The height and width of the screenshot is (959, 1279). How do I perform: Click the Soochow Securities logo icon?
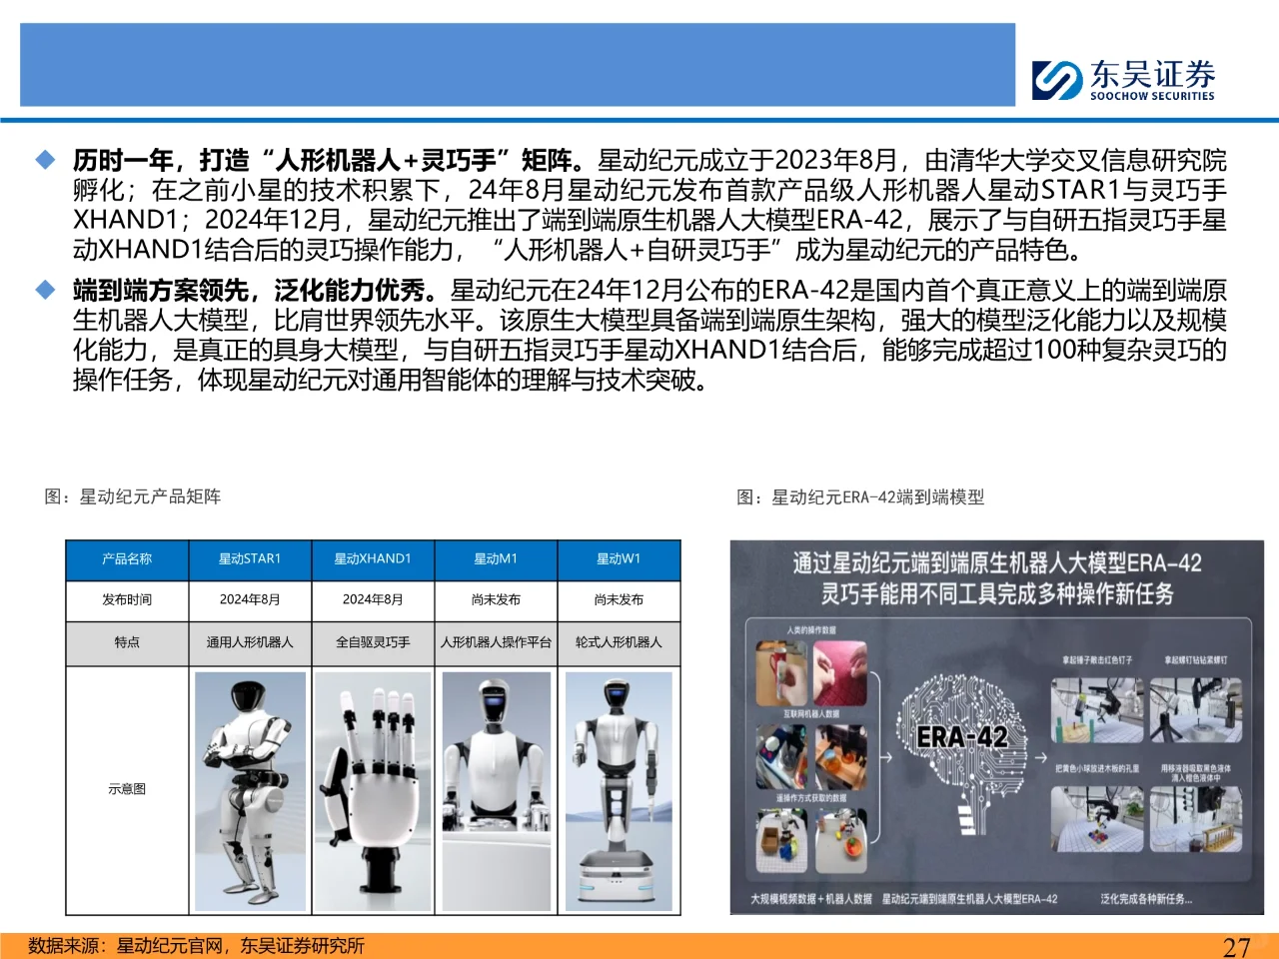pos(1057,80)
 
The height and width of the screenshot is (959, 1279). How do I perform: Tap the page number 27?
pos(1236,946)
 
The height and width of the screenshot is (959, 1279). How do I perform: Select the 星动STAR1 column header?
pos(250,559)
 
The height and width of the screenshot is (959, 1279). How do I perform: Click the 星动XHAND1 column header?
pos(373,559)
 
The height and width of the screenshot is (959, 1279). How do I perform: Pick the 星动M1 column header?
pos(496,559)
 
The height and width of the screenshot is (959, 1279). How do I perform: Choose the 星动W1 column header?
pos(619,559)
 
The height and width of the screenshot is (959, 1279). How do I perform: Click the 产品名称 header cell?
pos(127,559)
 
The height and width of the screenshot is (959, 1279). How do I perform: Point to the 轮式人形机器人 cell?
pos(619,642)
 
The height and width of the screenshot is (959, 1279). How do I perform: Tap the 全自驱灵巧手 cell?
pos(373,642)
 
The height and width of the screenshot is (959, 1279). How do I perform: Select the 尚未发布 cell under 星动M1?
pos(496,600)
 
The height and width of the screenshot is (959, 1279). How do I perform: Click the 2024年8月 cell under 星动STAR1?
pos(250,600)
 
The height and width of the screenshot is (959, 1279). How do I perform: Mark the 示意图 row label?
pos(127,789)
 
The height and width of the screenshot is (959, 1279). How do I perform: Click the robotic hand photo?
pos(373,789)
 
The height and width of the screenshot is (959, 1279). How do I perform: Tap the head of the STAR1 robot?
pos(247,700)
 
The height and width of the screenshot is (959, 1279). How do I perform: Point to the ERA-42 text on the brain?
pos(962,737)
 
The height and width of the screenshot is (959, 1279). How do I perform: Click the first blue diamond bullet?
pos(46,160)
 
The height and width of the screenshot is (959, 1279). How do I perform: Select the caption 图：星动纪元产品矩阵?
pos(133,496)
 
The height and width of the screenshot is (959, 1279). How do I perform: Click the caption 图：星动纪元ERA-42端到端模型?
pos(860,496)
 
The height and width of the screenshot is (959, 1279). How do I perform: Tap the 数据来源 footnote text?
pos(196,946)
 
